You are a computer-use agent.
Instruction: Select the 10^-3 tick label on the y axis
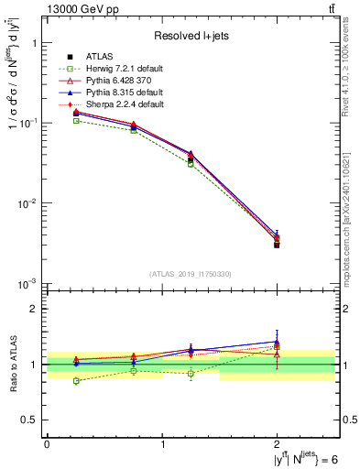click(x=26, y=283)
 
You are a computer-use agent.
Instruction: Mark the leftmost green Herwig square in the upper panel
click(x=76, y=120)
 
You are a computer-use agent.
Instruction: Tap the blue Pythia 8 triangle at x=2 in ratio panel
click(x=277, y=342)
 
